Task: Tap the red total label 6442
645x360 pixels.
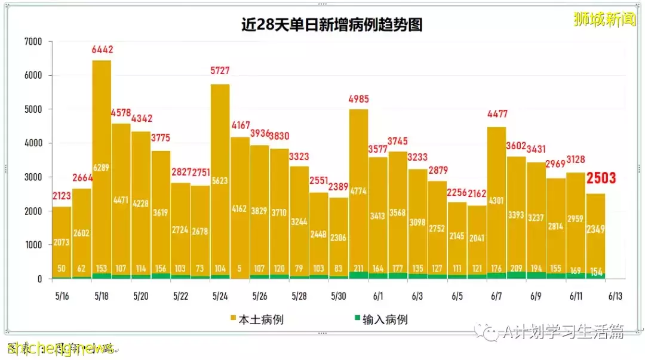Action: coord(102,50)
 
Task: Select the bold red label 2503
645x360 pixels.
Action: coord(601,178)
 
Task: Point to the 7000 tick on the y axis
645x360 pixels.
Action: coord(33,42)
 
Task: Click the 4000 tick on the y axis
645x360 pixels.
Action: coord(33,143)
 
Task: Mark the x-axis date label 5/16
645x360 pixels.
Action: coord(62,296)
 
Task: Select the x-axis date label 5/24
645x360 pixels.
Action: coord(220,296)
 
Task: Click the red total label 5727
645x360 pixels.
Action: coord(220,71)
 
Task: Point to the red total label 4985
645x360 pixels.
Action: coord(358,99)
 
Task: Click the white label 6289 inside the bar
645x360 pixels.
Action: coord(102,168)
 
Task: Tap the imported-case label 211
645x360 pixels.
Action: coord(358,268)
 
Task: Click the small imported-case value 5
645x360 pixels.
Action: coord(239,268)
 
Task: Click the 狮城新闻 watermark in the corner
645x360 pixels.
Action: coord(604,19)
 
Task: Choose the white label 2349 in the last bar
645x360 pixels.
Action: coord(595,228)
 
